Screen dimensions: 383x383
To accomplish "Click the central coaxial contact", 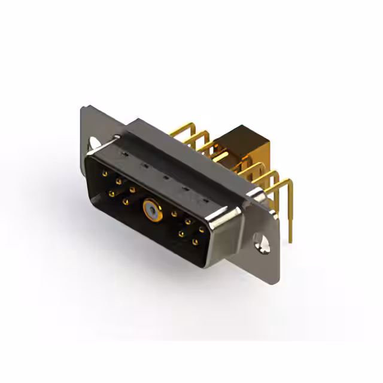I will [149, 209].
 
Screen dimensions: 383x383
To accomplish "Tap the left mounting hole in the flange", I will [95, 143].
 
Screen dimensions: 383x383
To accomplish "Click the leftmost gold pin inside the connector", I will [105, 174].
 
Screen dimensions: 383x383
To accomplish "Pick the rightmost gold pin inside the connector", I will [202, 229].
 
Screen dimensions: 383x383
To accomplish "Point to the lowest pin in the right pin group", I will [195, 242].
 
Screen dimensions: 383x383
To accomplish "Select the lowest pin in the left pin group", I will [125, 202].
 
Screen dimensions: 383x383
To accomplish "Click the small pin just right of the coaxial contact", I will [174, 214].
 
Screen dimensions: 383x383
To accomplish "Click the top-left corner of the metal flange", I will [84, 108].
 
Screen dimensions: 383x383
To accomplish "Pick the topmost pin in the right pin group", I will [188, 221].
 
